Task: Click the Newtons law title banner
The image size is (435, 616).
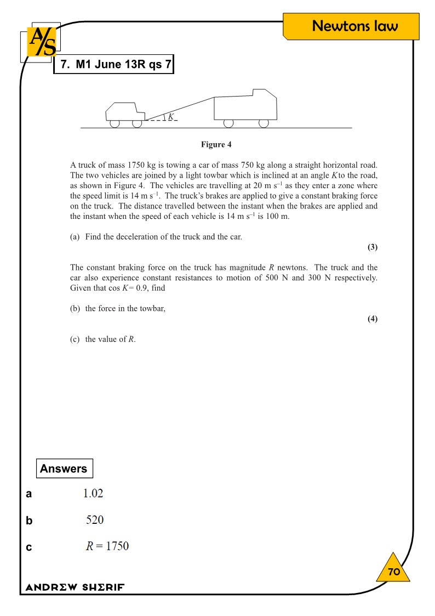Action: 354,26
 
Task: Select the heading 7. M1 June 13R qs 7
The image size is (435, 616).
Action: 113,64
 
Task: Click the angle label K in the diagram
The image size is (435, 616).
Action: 170,116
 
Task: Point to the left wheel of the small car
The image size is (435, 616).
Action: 115,123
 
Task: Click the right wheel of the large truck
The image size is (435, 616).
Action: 264,123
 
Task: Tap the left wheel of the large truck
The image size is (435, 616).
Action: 228,123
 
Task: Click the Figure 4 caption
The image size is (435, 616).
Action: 216,145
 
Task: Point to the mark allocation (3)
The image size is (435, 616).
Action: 373,247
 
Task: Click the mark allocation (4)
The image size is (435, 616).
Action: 373,319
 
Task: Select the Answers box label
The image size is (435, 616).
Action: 64,468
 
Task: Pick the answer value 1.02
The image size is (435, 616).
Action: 93,494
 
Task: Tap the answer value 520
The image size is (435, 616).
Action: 95,520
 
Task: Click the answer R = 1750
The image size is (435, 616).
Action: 107,546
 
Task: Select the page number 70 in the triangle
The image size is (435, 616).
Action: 394,572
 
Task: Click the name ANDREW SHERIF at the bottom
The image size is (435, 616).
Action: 75,587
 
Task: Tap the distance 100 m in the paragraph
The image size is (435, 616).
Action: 279,216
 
